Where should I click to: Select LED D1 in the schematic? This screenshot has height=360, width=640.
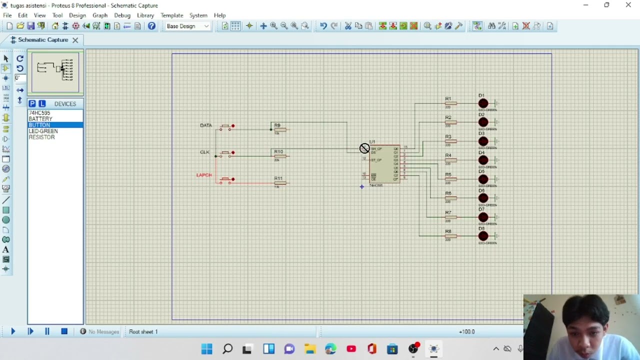pos(483,104)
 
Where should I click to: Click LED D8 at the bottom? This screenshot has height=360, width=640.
pos(483,236)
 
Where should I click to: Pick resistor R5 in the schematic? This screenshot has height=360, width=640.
pos(450,179)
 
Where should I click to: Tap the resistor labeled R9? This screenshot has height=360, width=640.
pos(279,130)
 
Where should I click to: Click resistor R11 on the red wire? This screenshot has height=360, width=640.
pos(280,183)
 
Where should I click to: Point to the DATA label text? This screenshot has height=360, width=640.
pos(205,125)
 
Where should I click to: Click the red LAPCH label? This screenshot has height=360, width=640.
pos(204,175)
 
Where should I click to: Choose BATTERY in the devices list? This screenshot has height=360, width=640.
pos(40,119)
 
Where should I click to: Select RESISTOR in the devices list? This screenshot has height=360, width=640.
pos(41,137)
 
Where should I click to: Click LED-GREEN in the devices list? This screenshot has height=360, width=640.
pos(43,131)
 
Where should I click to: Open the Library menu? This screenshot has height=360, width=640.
pos(145,15)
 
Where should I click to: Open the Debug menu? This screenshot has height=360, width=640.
pos(122,15)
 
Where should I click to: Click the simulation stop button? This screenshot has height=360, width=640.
pos(64,331)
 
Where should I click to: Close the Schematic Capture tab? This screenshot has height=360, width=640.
pos(75,40)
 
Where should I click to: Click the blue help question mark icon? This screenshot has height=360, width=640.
pos(151,26)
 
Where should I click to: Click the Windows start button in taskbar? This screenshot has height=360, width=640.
pos(206,348)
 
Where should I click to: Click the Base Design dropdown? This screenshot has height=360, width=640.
pos(187,26)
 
